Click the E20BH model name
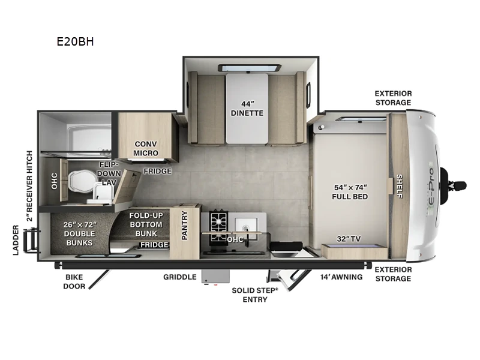click(76, 42)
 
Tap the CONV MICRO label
click(146, 148)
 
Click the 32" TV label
click(349, 238)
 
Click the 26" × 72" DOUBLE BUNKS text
click(79, 233)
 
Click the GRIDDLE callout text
click(179, 277)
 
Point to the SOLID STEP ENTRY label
click(255, 295)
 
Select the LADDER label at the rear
click(16, 240)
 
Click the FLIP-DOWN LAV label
click(110, 172)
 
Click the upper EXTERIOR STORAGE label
click(393, 98)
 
